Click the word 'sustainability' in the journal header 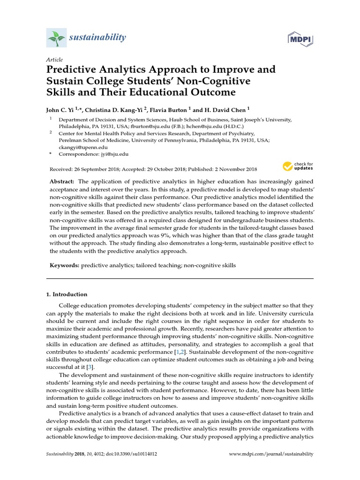[x=97, y=37]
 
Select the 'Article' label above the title [x=54, y=60]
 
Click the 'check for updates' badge [x=298, y=166]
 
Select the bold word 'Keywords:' [x=64, y=265]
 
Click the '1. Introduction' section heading [x=67, y=294]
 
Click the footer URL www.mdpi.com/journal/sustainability [x=270, y=454]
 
